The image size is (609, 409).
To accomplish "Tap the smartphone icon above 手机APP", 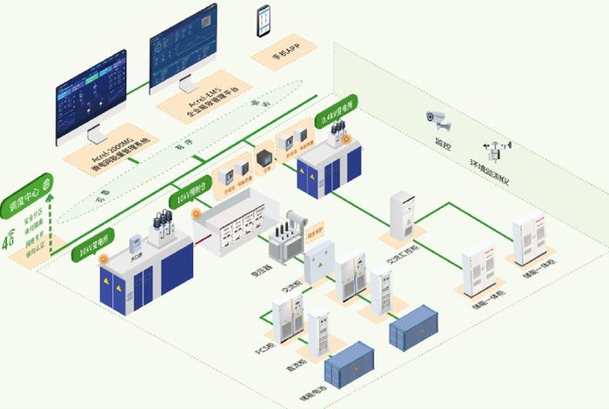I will click(263, 22).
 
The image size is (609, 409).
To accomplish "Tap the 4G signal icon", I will click(10, 237).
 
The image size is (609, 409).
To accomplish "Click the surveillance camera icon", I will click(438, 120).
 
